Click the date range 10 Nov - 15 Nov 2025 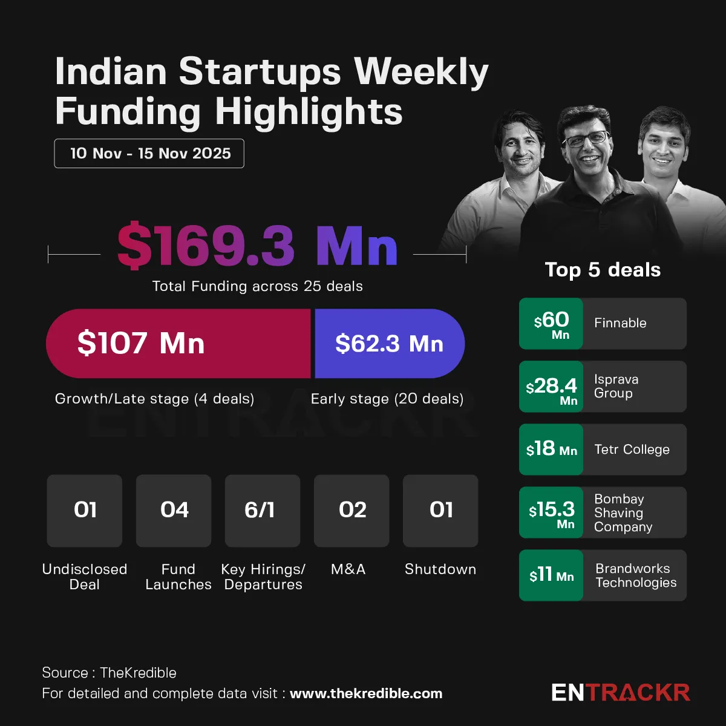pyautogui.click(x=149, y=153)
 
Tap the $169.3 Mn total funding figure pyautogui.click(x=257, y=246)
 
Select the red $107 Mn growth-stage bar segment pyautogui.click(x=178, y=344)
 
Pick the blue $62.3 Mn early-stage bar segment pyautogui.click(x=389, y=344)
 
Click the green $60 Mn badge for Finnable pyautogui.click(x=551, y=324)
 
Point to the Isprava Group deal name pyautogui.click(x=616, y=386)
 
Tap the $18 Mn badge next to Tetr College pyautogui.click(x=551, y=450)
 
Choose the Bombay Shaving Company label pyautogui.click(x=623, y=512)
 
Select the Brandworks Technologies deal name pyautogui.click(x=635, y=575)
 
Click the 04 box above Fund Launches pyautogui.click(x=174, y=511)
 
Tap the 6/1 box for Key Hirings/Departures pyautogui.click(x=263, y=511)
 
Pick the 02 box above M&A pyautogui.click(x=352, y=511)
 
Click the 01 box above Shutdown pyautogui.click(x=440, y=511)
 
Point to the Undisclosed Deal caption pyautogui.click(x=85, y=577)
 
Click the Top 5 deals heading pyautogui.click(x=603, y=270)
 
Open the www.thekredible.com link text pyautogui.click(x=366, y=694)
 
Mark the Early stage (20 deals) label pyautogui.click(x=387, y=399)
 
